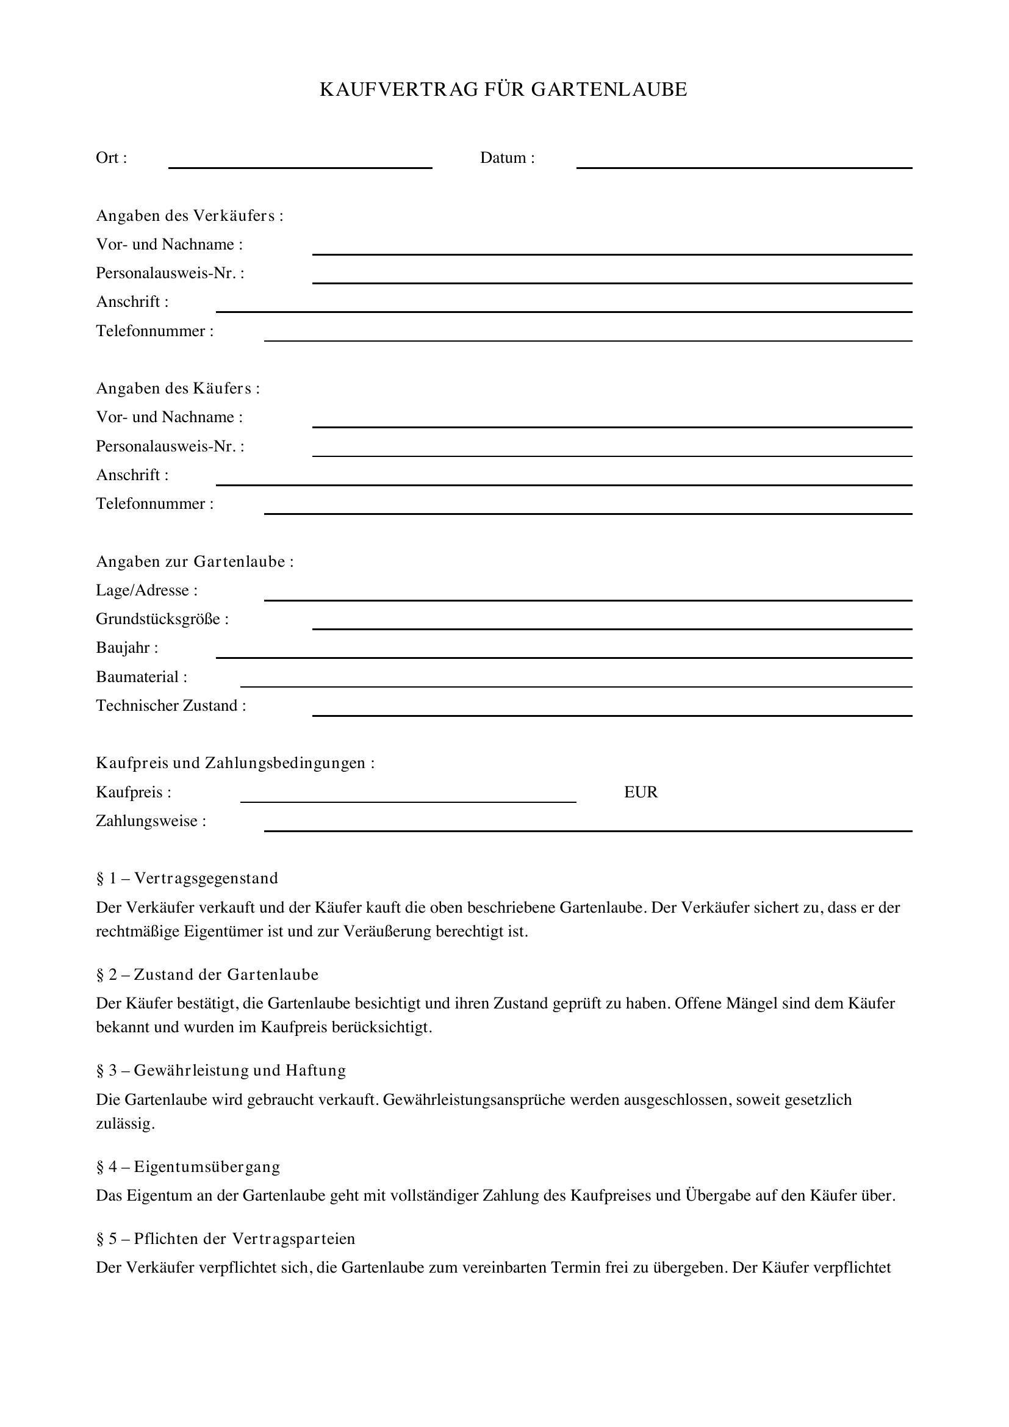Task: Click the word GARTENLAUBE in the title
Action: point(609,90)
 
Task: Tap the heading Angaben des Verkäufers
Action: point(190,215)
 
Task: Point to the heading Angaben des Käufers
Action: point(178,389)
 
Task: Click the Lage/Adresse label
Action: point(146,591)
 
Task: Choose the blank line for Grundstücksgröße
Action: point(611,628)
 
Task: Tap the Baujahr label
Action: point(127,649)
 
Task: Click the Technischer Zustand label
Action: point(171,706)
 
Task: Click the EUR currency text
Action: point(641,793)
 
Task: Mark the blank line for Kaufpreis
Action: point(408,801)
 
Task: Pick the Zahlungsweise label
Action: point(151,822)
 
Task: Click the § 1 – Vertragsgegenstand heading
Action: point(187,878)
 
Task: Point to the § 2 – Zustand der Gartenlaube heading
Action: point(207,974)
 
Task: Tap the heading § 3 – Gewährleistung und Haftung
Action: point(221,1070)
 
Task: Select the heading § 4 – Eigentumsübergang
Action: point(188,1166)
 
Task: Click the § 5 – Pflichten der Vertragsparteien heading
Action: point(226,1238)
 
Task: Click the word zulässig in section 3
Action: point(125,1124)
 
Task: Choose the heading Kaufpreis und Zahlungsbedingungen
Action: point(235,763)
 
